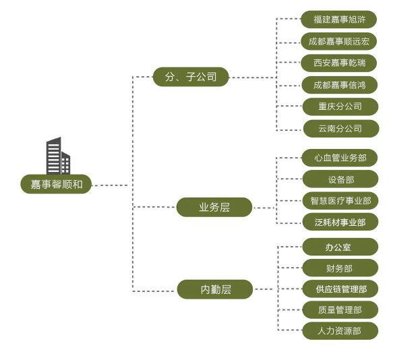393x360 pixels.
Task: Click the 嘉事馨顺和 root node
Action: pos(56,184)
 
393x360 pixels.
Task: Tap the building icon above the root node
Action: pos(58,156)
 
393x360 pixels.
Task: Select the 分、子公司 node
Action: pos(191,77)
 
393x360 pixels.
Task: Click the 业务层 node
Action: pos(214,207)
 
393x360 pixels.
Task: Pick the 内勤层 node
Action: pos(215,289)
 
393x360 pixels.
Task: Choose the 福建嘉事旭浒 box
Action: pos(339,20)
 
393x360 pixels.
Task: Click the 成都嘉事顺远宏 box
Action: pos(339,41)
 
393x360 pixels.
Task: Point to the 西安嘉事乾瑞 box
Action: pos(339,63)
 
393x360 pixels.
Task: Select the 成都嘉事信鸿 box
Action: pos(340,85)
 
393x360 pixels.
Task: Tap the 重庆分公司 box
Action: pos(340,107)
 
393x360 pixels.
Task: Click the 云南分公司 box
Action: pos(341,129)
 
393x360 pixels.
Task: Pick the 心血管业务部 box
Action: pos(340,158)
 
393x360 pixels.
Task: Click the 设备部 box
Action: pos(340,179)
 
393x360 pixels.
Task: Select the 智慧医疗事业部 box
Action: pos(340,200)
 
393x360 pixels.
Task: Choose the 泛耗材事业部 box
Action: pos(340,222)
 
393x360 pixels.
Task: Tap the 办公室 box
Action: pos(340,247)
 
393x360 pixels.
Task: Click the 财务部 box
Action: pos(340,268)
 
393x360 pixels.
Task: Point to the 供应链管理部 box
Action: pos(340,289)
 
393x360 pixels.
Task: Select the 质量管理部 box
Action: pos(340,310)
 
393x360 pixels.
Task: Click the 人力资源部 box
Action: pos(340,331)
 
